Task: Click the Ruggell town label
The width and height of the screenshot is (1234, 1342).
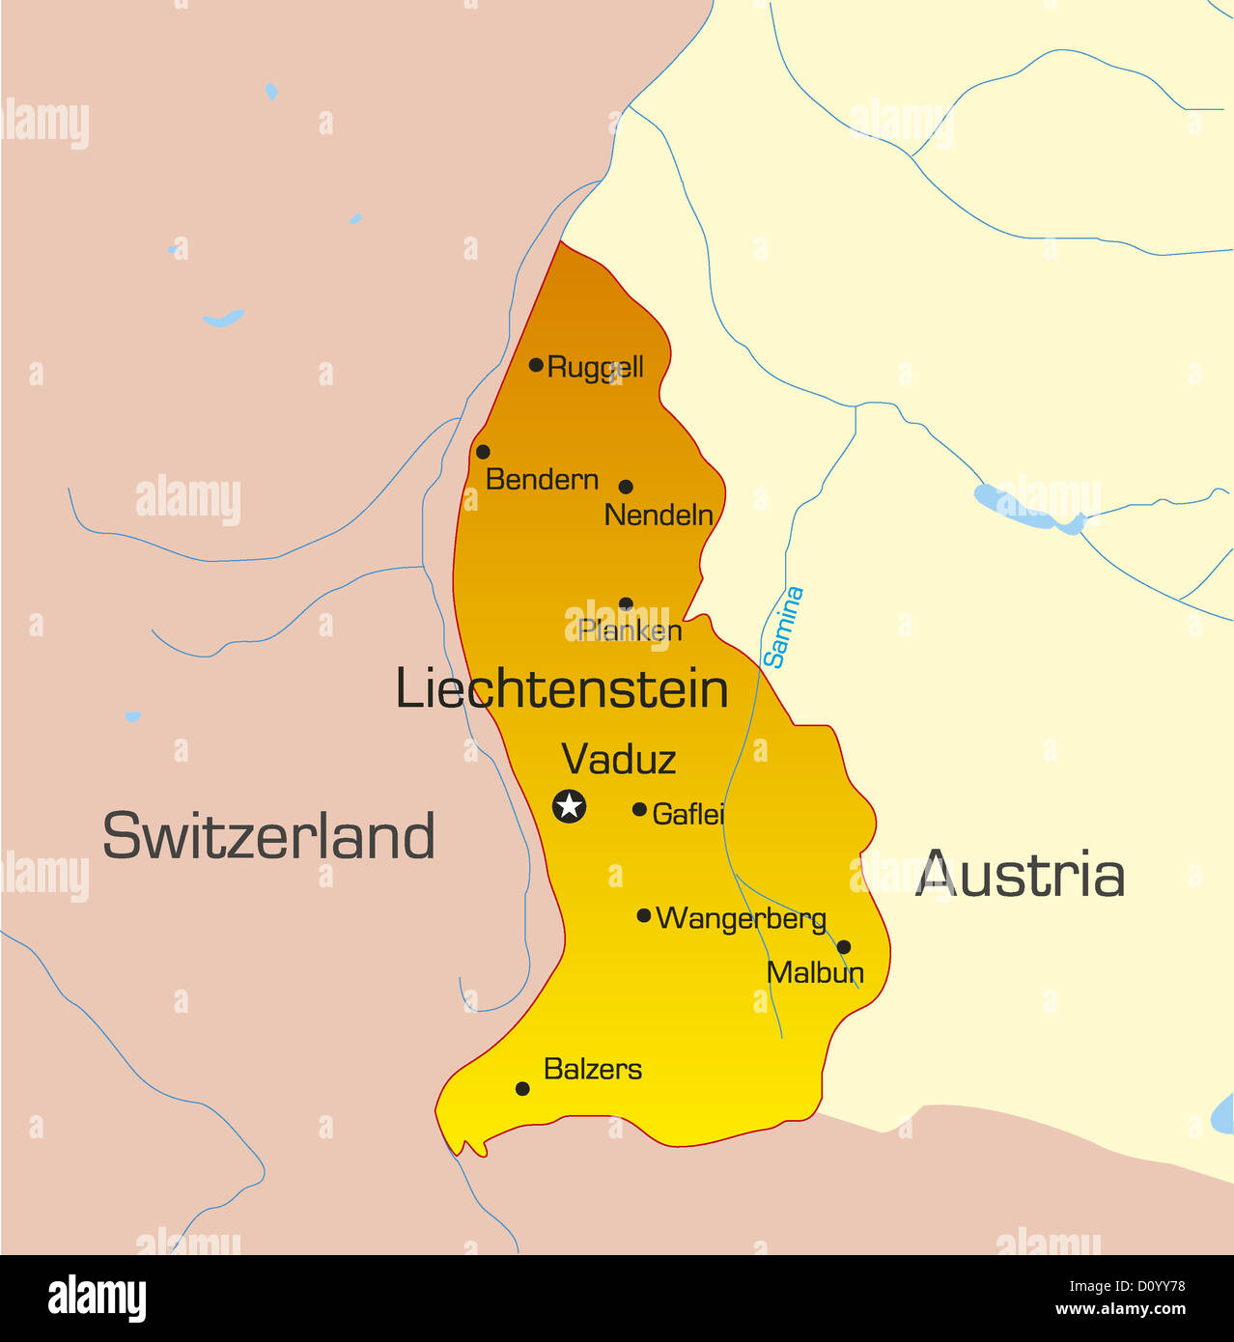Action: (595, 368)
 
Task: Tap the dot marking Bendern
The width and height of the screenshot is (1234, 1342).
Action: (483, 452)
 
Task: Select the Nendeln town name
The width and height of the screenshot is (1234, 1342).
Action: (659, 516)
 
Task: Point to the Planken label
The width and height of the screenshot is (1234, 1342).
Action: (631, 630)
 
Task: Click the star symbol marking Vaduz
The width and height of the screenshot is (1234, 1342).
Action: (570, 805)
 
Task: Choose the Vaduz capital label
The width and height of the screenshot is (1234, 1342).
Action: (618, 760)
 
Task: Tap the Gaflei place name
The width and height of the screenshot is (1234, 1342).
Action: (687, 815)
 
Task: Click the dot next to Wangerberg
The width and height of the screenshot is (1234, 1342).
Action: (644, 915)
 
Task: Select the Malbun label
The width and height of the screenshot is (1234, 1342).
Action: (815, 972)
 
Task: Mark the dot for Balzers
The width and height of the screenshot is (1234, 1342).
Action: (522, 1089)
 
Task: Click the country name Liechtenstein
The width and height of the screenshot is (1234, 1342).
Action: (562, 690)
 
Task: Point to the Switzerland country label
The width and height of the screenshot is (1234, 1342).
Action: (268, 836)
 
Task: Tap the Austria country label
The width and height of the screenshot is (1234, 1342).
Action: (1020, 876)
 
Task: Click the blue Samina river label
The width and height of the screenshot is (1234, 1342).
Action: (783, 628)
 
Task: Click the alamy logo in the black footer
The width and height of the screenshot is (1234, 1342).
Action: (97, 1298)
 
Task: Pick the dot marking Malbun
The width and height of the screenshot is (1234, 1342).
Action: (844, 947)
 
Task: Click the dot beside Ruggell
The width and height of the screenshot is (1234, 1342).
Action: (536, 365)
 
